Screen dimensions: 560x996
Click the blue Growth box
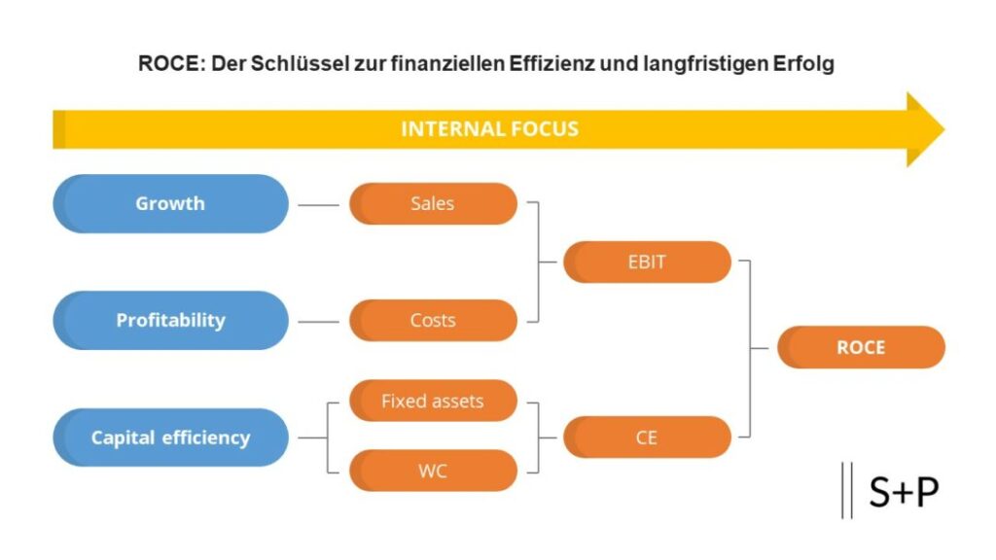tap(170, 203)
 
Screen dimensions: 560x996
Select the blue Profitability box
tap(170, 320)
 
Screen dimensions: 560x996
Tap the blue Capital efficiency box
tap(170, 437)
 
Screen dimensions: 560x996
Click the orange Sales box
tap(433, 203)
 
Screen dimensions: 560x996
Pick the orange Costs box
tap(433, 320)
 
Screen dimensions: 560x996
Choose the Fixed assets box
tap(433, 401)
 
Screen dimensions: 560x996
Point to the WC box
tap(433, 471)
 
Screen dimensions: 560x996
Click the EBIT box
tap(647, 262)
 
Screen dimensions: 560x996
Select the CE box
tap(647, 437)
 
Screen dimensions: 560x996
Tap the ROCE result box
tap(861, 347)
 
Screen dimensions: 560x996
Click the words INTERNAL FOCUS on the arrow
tap(489, 128)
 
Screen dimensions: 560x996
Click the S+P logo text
tap(904, 492)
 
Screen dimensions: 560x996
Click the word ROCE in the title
tap(166, 66)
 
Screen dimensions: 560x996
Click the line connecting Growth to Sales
tap(318, 205)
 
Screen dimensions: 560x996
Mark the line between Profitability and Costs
tap(318, 321)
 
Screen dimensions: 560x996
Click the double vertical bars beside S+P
tap(846, 490)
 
